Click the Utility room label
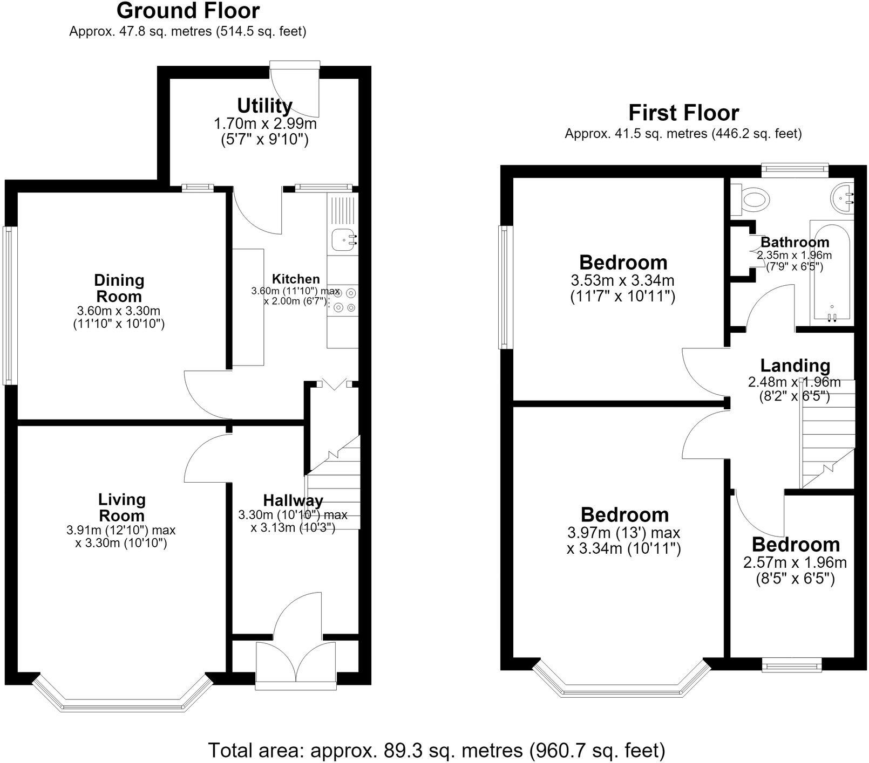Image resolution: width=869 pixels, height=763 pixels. click(265, 105)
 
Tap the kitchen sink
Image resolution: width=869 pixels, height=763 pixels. click(343, 240)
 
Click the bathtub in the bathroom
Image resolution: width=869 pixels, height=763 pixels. click(832, 272)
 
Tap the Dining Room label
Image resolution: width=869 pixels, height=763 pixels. click(119, 288)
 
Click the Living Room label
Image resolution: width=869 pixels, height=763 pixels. click(122, 507)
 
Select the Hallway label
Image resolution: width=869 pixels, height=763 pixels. click(293, 500)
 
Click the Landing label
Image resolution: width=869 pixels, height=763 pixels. click(795, 366)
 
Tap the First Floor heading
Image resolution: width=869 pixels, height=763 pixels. click(683, 113)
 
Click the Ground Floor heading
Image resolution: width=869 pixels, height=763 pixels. click(188, 10)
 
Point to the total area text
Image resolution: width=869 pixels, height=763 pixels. click(436, 750)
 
